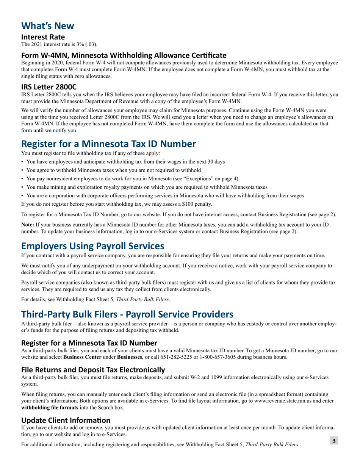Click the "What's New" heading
(48, 26)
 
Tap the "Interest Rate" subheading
(43, 37)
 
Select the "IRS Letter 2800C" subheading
(49, 86)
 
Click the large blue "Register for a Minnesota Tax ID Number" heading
(108, 144)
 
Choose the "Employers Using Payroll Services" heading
(92, 246)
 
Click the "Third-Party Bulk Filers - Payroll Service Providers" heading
(127, 314)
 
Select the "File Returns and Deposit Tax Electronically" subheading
(93, 369)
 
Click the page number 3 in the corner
(334, 440)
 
